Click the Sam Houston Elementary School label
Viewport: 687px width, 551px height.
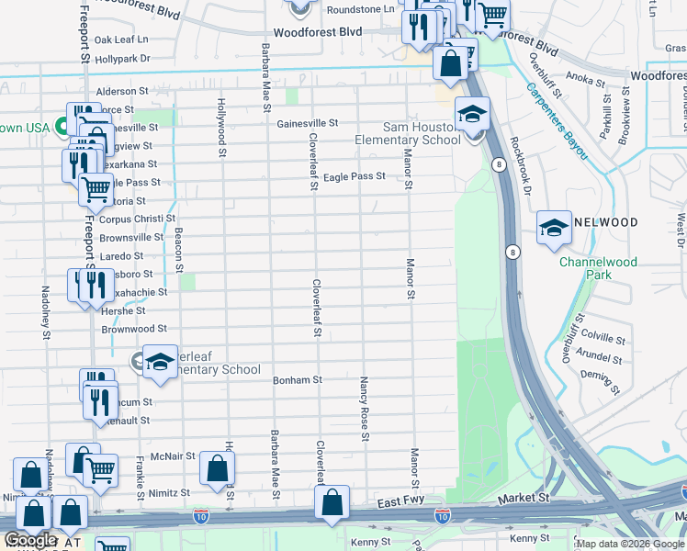(409, 133)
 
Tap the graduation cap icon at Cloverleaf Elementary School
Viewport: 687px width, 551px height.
(160, 361)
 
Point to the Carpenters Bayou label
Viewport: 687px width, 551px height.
(557, 120)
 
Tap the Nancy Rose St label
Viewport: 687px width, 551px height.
(365, 409)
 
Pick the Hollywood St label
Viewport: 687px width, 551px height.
(221, 128)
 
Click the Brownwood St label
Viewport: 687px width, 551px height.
(134, 328)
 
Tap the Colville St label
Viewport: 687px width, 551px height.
(603, 337)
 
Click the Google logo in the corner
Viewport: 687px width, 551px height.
(31, 539)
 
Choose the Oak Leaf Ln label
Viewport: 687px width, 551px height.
(121, 40)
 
